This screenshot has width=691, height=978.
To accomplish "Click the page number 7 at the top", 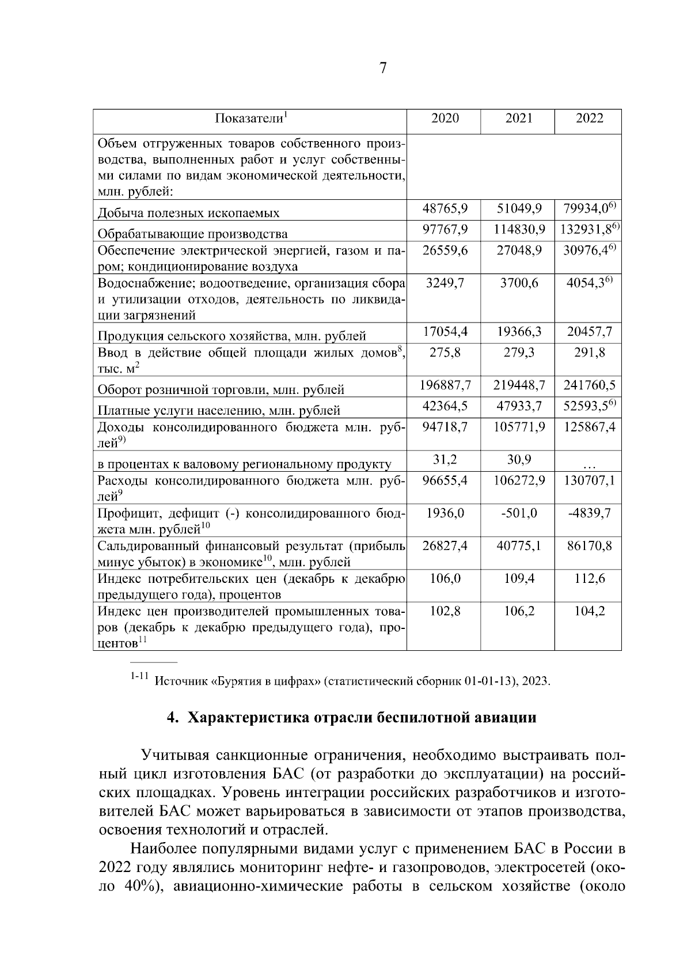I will pyautogui.click(x=383, y=69).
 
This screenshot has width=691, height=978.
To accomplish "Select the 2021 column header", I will pyautogui.click(x=518, y=119).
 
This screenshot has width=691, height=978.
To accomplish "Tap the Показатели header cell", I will pyautogui.click(x=250, y=119).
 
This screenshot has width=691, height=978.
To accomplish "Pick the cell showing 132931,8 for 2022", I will pyautogui.click(x=587, y=229).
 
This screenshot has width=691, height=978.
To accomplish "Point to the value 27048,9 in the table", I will pyautogui.click(x=518, y=251).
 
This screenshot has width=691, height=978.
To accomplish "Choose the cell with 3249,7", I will pyautogui.click(x=445, y=283).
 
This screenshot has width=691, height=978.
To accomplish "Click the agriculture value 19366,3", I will pyautogui.click(x=518, y=332).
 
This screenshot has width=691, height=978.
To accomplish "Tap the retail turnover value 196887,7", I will pyautogui.click(x=445, y=385).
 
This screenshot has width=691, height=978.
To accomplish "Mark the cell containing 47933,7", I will pyautogui.click(x=518, y=405).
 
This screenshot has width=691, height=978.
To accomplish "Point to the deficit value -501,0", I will pyautogui.click(x=518, y=513).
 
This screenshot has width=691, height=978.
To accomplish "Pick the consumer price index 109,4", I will pyautogui.click(x=518, y=578).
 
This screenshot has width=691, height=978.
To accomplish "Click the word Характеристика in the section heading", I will pyautogui.click(x=249, y=718).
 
